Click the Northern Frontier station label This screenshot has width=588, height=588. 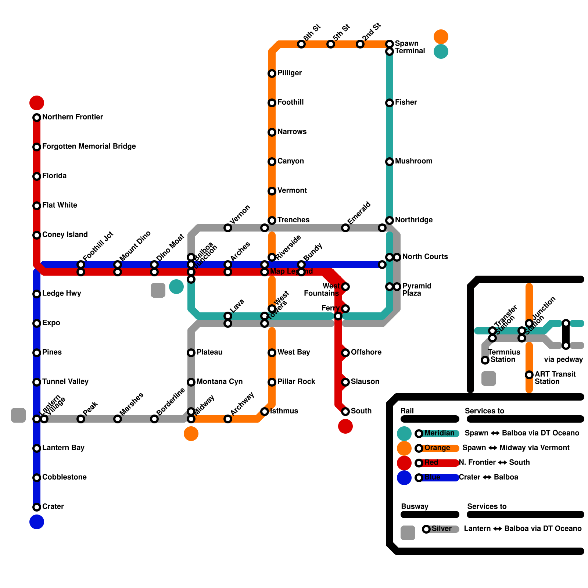pyautogui.click(x=72, y=117)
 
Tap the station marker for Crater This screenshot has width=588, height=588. pyautogui.click(x=37, y=507)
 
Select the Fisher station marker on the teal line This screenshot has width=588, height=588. pyautogui.click(x=390, y=103)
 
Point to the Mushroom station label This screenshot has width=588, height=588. pyautogui.click(x=413, y=161)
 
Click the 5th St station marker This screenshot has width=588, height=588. pyautogui.click(x=331, y=44)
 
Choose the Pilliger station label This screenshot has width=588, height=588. pyautogui.click(x=290, y=73)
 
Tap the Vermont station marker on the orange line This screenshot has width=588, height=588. pyautogui.click(x=272, y=191)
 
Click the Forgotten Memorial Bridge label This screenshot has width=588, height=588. pyautogui.click(x=89, y=147)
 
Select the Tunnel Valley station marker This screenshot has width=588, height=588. pyautogui.click(x=37, y=382)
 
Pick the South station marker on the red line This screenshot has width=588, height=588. pyautogui.click(x=345, y=412)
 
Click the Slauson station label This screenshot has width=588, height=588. pyautogui.click(x=365, y=382)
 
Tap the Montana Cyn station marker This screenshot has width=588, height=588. pyautogui.click(x=191, y=382)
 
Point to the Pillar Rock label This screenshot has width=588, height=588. pyautogui.click(x=296, y=382)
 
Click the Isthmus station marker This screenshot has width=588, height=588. pyautogui.click(x=265, y=412)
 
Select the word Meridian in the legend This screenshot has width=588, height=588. pyautogui.click(x=439, y=433)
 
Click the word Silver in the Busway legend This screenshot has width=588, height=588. pyautogui.click(x=441, y=529)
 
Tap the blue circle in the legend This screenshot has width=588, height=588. pyautogui.click(x=404, y=478)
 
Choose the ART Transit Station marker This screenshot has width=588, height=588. pyautogui.click(x=529, y=375)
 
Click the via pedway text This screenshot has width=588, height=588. pyautogui.click(x=563, y=360)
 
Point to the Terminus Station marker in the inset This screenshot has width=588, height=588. pyautogui.click(x=485, y=360)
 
